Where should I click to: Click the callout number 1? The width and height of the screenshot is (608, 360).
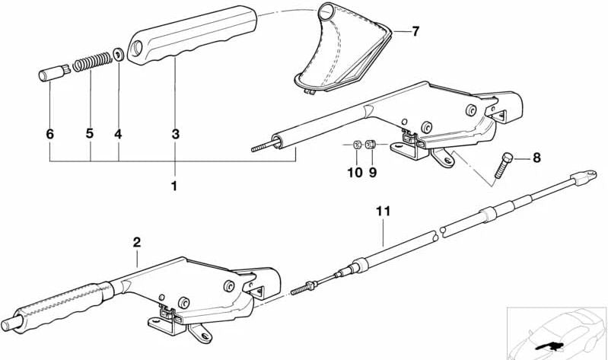coord(174,186)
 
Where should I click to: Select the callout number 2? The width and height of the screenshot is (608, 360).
coord(137,243)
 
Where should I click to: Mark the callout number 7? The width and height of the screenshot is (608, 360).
coord(415,31)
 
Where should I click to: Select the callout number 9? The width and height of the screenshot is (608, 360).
coord(373,173)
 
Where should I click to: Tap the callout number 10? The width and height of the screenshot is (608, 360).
coord(355,173)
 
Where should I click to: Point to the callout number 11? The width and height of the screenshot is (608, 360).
coord(383,211)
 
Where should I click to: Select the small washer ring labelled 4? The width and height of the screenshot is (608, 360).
coord(119,55)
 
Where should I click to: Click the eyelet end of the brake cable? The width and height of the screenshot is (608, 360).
coord(584,178)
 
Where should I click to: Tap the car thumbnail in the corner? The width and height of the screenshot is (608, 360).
coord(556,333)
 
